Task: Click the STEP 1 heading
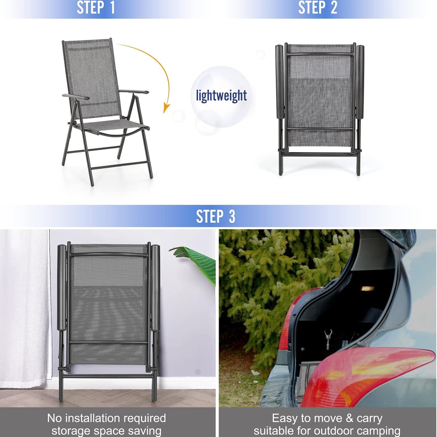coord(96,8)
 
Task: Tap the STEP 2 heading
coord(318,8)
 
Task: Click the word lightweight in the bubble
coord(221,95)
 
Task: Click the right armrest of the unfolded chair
coord(134,91)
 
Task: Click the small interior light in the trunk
coord(367,288)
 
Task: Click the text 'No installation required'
coord(106,418)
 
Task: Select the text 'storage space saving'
coord(106,431)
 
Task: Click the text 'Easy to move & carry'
coord(327,418)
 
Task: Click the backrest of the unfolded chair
coord(91,77)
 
